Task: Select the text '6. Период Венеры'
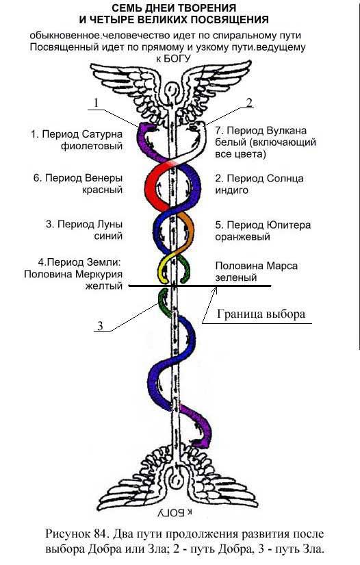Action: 77,179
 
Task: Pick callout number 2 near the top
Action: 249,103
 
